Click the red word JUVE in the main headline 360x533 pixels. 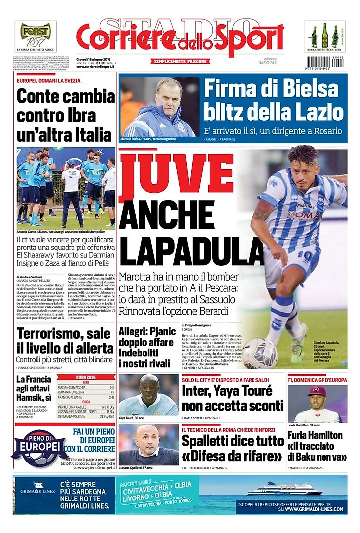(x=176, y=174)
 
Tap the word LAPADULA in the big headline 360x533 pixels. (x=183, y=250)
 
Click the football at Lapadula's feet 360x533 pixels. (x=259, y=353)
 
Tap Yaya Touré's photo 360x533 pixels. (x=148, y=394)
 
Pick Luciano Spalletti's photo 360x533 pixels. (x=148, y=444)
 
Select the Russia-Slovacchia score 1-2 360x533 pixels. (x=110, y=387)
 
